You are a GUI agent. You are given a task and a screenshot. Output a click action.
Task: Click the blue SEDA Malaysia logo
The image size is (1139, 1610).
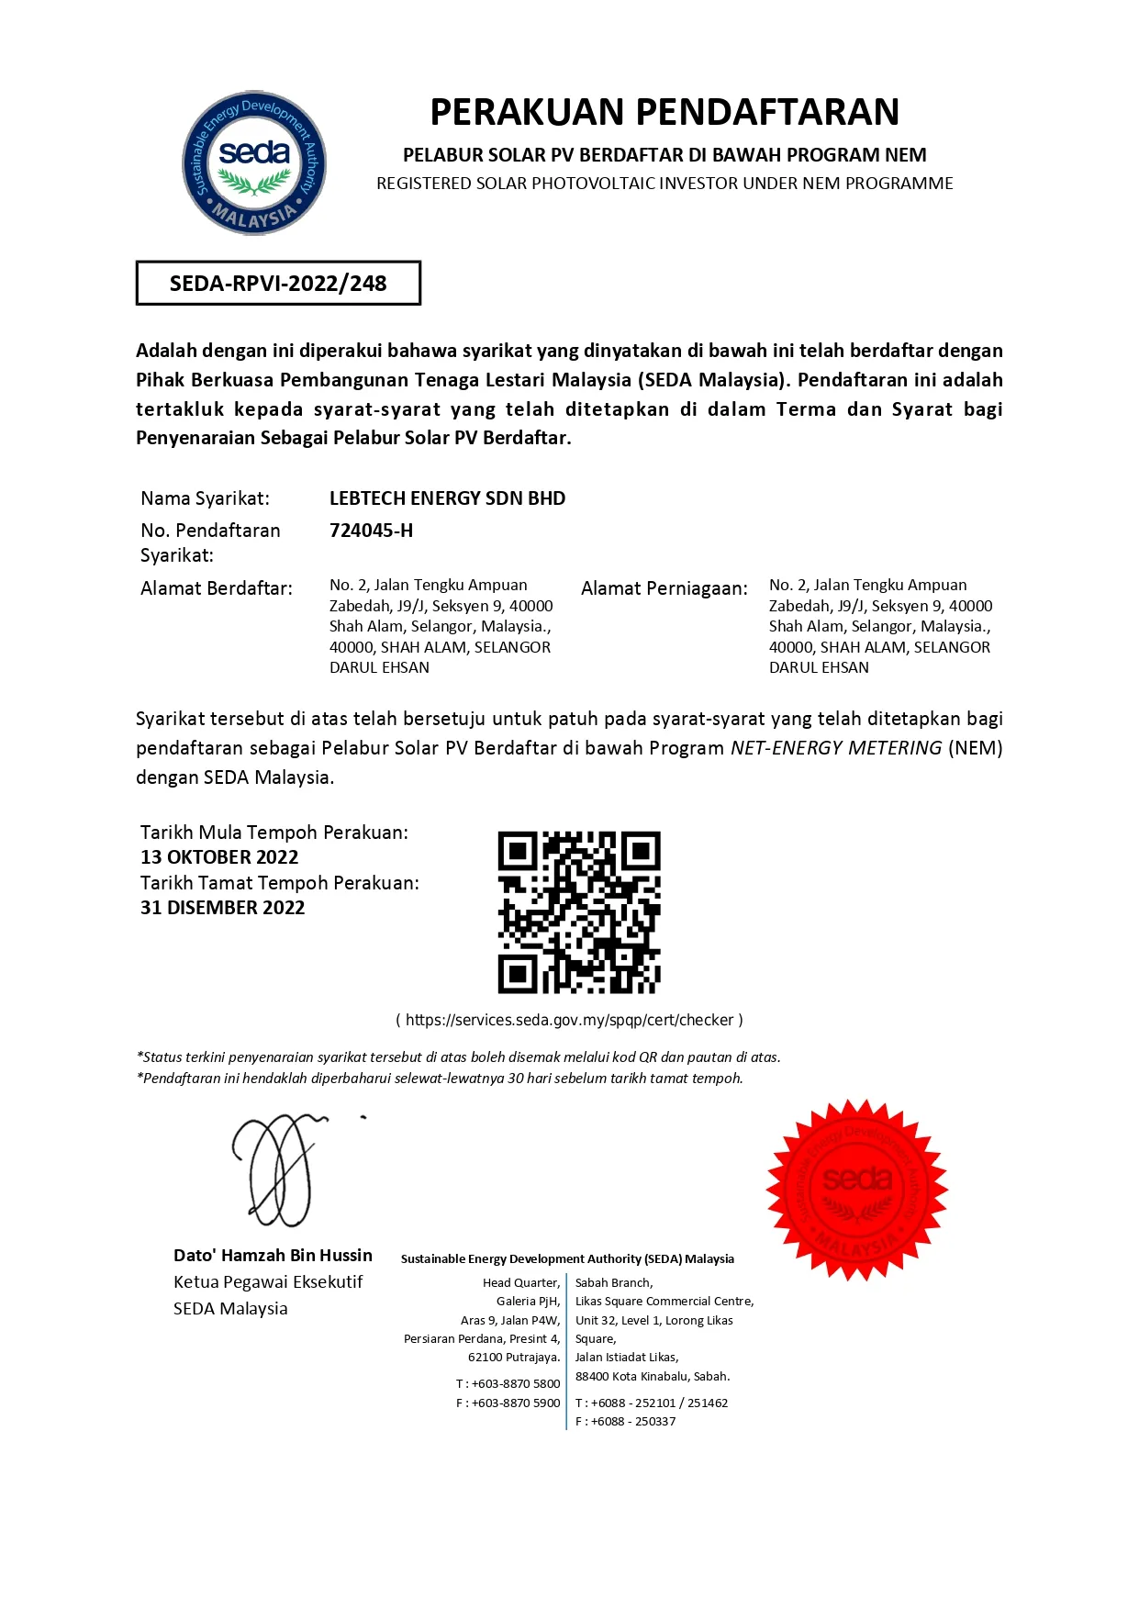point(254,162)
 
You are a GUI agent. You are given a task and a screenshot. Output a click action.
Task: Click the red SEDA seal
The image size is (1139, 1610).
point(857,1190)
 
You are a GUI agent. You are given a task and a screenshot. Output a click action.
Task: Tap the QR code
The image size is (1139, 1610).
point(579,912)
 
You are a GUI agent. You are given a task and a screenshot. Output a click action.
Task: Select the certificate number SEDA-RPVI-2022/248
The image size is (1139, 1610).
point(278,284)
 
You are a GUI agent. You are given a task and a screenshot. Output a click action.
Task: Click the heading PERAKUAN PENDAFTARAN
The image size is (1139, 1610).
point(664,112)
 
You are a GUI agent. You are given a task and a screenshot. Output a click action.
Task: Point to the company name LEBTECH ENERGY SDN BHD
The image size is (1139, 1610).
point(447,498)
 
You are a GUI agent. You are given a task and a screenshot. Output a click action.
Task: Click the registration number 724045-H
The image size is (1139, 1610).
point(371,531)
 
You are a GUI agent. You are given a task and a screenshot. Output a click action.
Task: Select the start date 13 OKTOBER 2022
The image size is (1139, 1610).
point(219,857)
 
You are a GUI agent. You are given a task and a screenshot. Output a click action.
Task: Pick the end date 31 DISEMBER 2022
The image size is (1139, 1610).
point(222,908)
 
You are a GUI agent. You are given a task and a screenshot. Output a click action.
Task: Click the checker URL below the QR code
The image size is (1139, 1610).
point(569,1020)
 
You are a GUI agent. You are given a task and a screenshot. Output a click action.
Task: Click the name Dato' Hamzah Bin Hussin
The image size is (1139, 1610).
point(273,1255)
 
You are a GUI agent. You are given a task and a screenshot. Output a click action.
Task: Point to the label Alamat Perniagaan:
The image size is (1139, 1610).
point(664,588)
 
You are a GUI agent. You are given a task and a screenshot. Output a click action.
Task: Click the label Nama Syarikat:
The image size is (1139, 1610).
point(205,498)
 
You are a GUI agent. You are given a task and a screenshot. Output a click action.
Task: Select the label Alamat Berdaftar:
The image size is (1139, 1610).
point(217,588)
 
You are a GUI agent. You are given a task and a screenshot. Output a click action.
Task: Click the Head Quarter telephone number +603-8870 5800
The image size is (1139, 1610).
point(515,1383)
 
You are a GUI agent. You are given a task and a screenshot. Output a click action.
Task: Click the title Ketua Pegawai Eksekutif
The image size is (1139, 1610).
point(268,1281)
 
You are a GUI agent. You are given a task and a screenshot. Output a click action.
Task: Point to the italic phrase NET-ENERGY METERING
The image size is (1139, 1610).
point(836,748)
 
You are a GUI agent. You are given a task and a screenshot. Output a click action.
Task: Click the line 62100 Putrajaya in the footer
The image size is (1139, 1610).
point(513,1357)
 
